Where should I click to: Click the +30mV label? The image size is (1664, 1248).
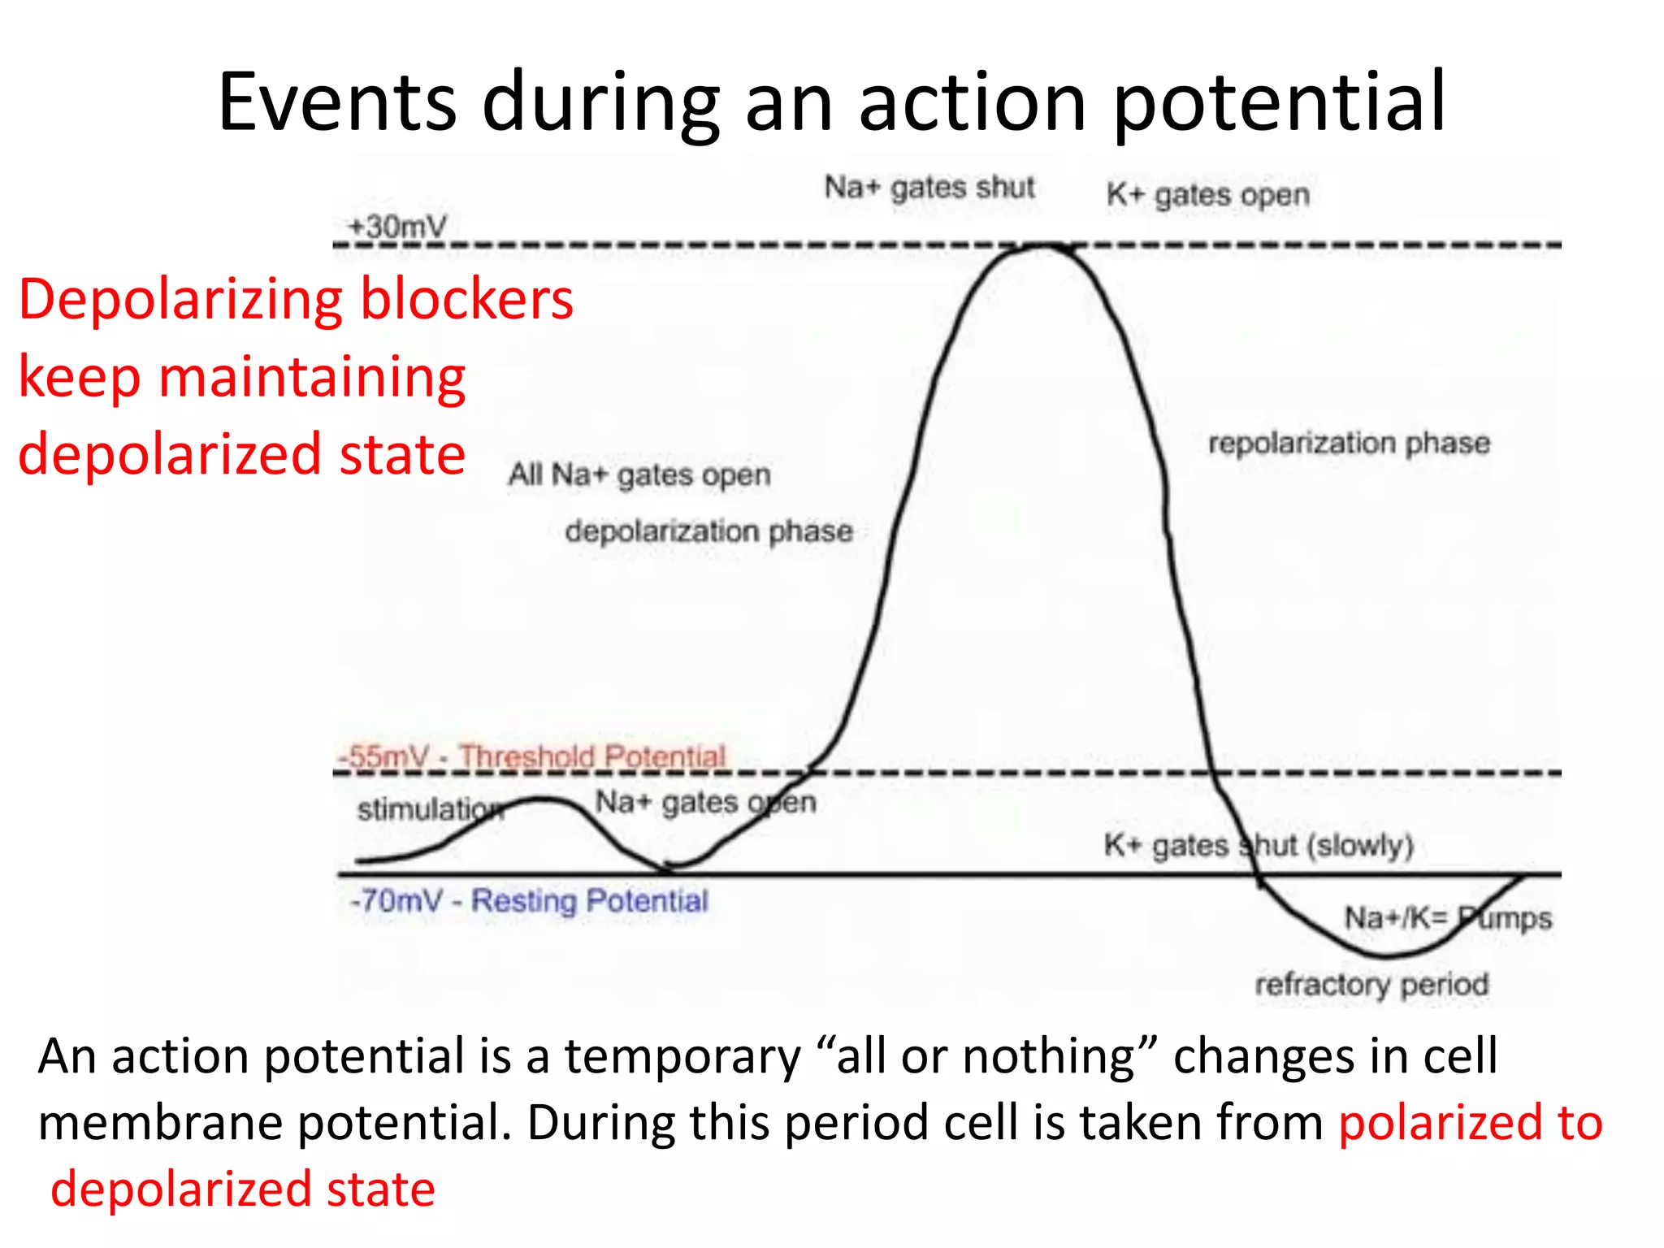click(397, 226)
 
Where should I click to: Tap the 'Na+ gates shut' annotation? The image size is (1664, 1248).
click(929, 188)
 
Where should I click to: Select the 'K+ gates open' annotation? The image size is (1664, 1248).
click(1208, 195)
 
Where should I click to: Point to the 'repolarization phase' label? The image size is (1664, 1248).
click(1349, 443)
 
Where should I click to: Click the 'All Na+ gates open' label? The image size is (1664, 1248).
click(639, 474)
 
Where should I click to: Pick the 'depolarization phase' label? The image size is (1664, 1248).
click(708, 531)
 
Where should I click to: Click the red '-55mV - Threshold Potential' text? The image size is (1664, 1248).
click(532, 756)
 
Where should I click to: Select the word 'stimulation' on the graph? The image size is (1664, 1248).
click(429, 809)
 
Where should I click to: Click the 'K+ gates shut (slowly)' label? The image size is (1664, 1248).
click(1259, 846)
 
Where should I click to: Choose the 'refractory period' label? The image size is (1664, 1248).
click(1371, 984)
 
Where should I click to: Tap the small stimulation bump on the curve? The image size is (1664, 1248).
click(540, 800)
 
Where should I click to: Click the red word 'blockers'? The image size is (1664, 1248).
click(467, 299)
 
